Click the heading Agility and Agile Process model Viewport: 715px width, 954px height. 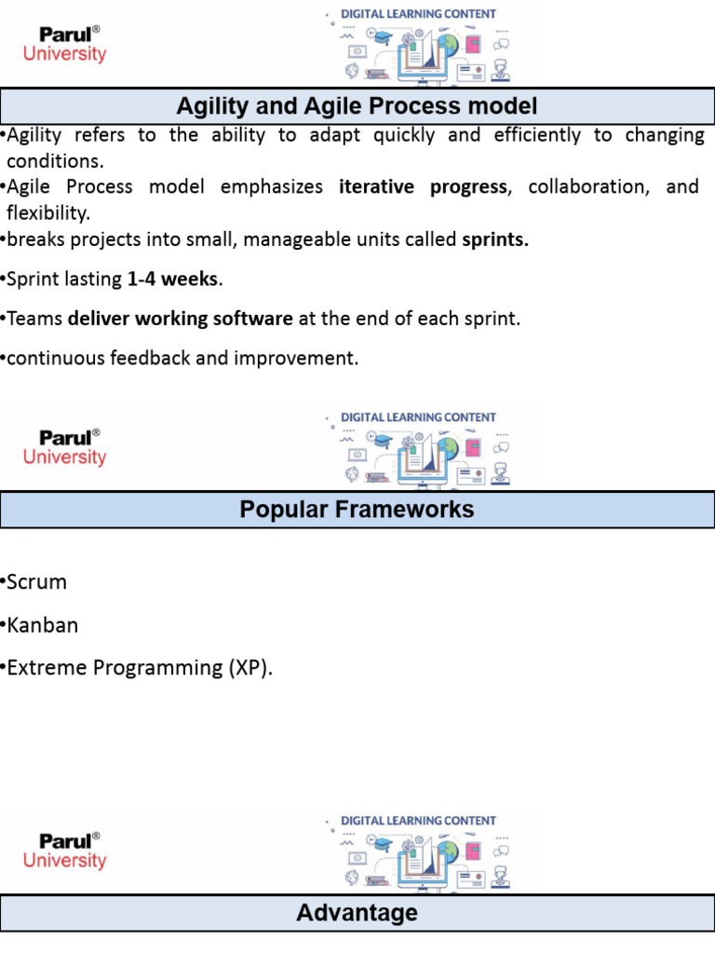357,106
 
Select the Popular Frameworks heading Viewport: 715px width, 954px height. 357,510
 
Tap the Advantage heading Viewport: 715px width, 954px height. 357,913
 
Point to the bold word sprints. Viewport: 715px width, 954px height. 495,239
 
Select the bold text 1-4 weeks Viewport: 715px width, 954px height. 172,279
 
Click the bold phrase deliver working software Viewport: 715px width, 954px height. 181,319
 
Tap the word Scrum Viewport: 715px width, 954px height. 37,582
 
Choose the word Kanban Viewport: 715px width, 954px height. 43,625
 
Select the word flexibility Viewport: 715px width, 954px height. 48,212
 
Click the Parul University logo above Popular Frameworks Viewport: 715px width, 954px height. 65,447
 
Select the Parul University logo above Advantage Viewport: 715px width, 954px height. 65,851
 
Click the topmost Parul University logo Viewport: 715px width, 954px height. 65,44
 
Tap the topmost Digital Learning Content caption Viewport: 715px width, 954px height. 418,14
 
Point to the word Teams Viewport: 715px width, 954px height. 34,319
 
